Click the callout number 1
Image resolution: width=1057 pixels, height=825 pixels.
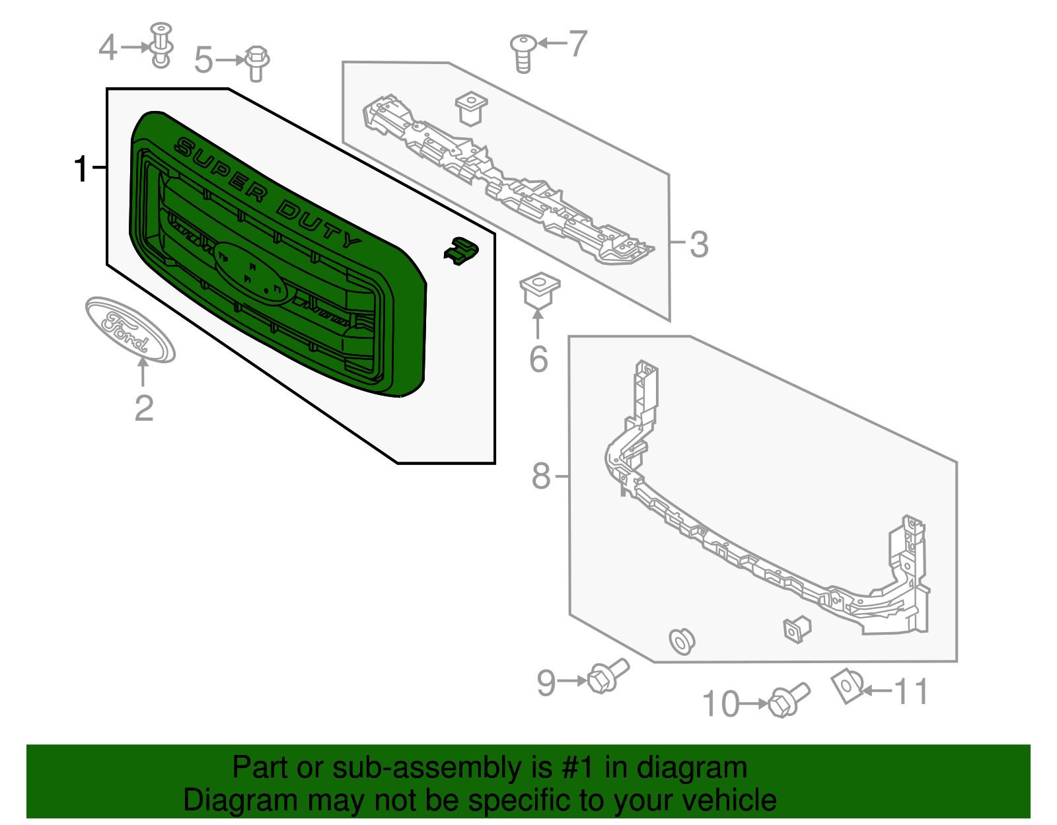tap(81, 169)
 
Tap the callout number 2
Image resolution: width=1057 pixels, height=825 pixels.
tap(144, 408)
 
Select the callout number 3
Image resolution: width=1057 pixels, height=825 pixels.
tap(699, 244)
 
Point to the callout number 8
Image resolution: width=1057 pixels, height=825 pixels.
tap(541, 476)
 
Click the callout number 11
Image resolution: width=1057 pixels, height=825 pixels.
tap(911, 692)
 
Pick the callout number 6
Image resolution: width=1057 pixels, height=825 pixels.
tap(538, 359)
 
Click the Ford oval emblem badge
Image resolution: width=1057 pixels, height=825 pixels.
tap(130, 330)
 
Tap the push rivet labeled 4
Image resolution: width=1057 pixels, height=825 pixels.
tap(161, 46)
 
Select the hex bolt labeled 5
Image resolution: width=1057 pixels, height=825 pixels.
tap(256, 63)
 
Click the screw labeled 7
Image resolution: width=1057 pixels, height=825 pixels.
tap(523, 53)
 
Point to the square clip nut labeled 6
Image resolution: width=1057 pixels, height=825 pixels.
tap(540, 291)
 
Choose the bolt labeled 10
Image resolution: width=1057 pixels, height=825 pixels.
tap(788, 701)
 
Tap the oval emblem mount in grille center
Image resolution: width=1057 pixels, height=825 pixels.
tap(251, 271)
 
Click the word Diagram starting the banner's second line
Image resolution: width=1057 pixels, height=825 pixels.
tap(221, 801)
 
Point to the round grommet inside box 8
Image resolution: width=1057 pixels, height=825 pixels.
tap(681, 641)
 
